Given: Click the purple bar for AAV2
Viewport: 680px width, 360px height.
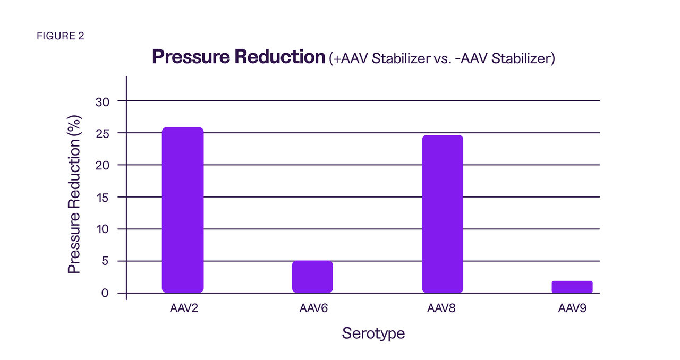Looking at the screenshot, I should pyautogui.click(x=182, y=210).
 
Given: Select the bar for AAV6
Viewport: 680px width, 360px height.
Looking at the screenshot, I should pyautogui.click(x=312, y=277).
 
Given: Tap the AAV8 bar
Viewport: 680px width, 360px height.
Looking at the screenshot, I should pyautogui.click(x=443, y=213).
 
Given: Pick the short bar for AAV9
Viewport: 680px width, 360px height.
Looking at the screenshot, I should pyautogui.click(x=572, y=287).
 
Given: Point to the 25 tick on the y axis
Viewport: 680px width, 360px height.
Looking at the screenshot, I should pyautogui.click(x=102, y=134).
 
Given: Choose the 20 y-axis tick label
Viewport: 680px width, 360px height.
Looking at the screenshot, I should pyautogui.click(x=102, y=166).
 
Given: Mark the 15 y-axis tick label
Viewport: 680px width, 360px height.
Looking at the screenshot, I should pyautogui.click(x=102, y=198).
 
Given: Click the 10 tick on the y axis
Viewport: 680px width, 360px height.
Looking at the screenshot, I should pyautogui.click(x=102, y=229).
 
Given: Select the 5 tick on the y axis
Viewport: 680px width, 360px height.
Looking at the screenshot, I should pyautogui.click(x=105, y=261).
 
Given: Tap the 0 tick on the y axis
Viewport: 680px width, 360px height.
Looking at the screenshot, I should pyautogui.click(x=105, y=293).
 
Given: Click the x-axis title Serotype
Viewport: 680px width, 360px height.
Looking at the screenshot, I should pyautogui.click(x=373, y=333).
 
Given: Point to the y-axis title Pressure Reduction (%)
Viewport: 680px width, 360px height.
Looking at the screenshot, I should pyautogui.click(x=74, y=194).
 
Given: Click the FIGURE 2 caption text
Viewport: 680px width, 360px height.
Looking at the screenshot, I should pyautogui.click(x=61, y=36).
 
